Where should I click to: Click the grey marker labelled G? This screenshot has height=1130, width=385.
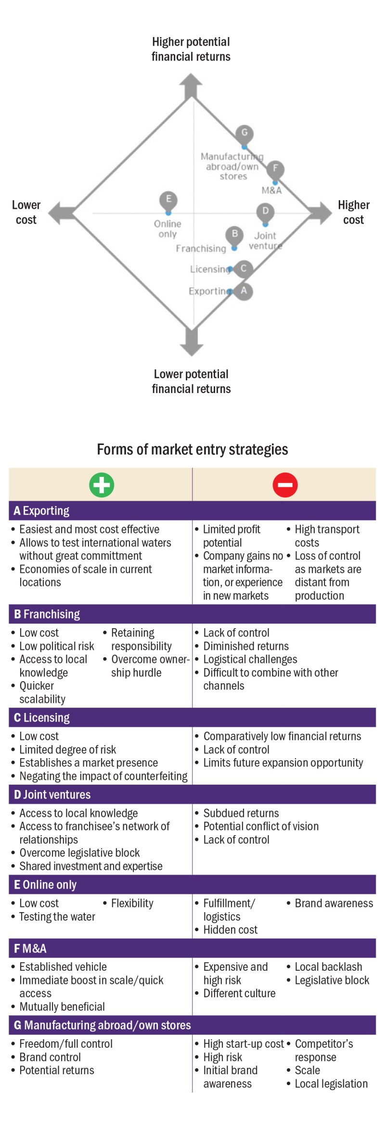coord(244,133)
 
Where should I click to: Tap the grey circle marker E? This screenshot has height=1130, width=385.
coord(168,199)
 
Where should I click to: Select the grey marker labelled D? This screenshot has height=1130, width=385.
coord(265,211)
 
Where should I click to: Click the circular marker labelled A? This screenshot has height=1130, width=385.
coord(244,291)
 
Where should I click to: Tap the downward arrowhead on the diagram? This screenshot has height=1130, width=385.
coord(192,345)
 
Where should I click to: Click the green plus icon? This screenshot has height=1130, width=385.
coord(102,484)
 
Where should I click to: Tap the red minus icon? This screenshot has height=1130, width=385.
coord(285,484)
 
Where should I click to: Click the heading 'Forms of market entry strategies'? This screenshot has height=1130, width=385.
coord(192,449)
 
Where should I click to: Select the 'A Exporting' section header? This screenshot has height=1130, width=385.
coord(41,510)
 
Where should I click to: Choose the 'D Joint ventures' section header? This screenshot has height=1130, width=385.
coord(52,794)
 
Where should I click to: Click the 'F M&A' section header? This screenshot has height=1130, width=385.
coord(30,948)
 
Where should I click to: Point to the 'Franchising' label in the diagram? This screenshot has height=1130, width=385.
coord(201,248)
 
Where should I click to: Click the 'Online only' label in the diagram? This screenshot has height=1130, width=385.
coord(167,229)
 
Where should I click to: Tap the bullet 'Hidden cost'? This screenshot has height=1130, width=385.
coord(230,929)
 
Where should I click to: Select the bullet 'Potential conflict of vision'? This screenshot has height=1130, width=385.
coord(261,826)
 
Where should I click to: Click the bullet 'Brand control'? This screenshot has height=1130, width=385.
coord(50,1057)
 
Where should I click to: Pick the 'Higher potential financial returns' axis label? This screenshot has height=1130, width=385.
coord(191,49)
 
